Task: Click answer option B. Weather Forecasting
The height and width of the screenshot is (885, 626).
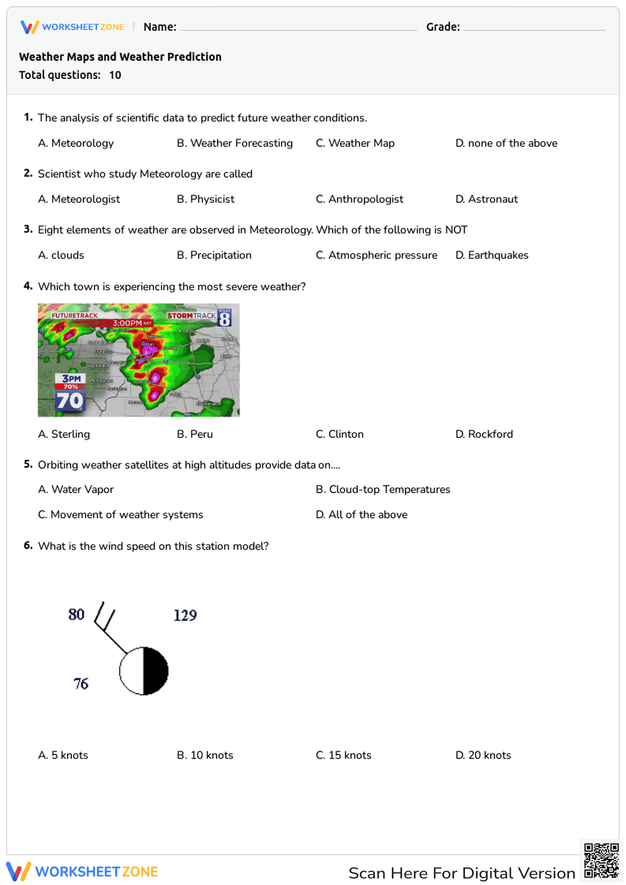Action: click(234, 143)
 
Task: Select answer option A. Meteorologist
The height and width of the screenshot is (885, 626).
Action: click(79, 199)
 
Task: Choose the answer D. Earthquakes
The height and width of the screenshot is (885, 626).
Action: click(492, 255)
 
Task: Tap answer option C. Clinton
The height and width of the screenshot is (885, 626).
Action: click(339, 434)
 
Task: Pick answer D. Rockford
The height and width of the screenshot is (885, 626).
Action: click(484, 434)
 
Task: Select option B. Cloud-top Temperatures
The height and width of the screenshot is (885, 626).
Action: click(382, 489)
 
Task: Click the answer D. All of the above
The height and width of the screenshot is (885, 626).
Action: click(361, 514)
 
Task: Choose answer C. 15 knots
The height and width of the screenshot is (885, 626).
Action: click(343, 755)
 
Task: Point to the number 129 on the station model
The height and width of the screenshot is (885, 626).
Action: click(185, 615)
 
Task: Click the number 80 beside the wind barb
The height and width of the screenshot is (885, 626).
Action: click(76, 615)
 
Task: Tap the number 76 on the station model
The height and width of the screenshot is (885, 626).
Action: click(81, 683)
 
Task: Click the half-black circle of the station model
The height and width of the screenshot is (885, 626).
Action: click(144, 671)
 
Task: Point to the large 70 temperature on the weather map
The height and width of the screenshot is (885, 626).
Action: click(69, 401)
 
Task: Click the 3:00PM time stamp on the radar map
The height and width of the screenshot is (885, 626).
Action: click(128, 323)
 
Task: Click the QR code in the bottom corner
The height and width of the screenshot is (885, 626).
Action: click(601, 861)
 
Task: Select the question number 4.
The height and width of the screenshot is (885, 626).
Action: click(28, 286)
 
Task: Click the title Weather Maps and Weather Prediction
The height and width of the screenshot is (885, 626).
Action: click(120, 57)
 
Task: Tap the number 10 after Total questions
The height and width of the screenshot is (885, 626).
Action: click(115, 75)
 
